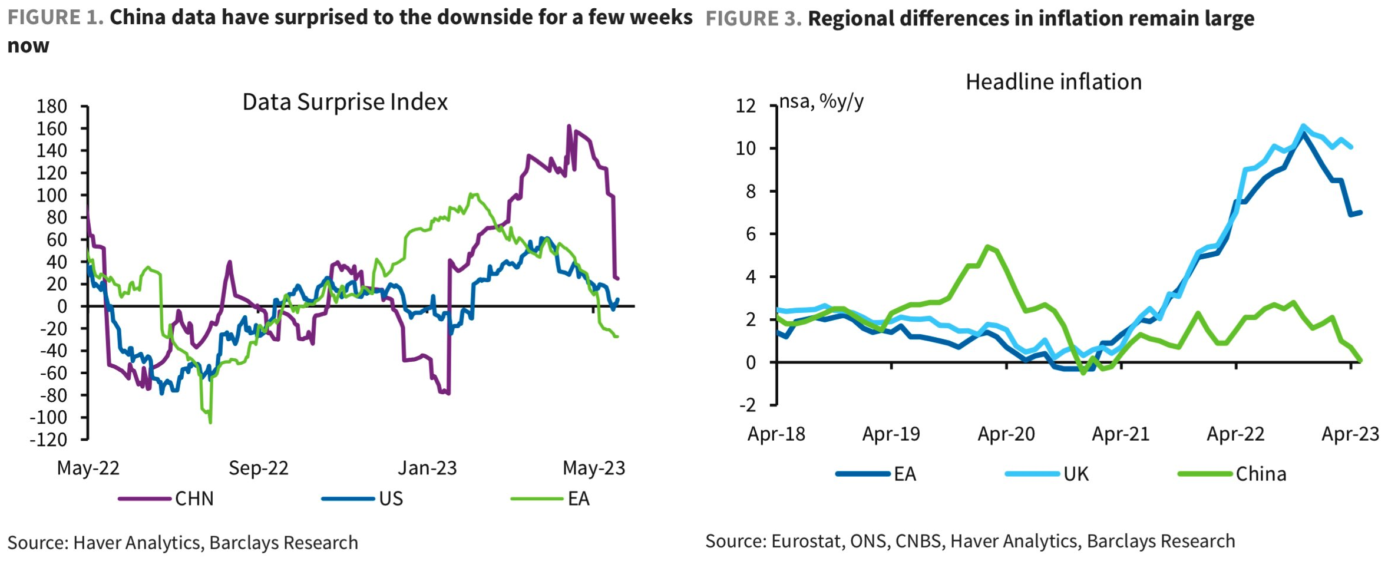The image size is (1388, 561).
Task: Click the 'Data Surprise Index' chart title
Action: point(345,103)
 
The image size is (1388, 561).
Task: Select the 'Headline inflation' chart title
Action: point(1053,82)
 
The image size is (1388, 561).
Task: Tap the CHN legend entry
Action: point(194,499)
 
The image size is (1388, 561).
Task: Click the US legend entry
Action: point(391,499)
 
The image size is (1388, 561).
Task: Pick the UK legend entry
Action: point(1076,474)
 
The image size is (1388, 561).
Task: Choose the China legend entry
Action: point(1260,474)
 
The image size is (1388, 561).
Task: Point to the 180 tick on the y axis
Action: point(52,107)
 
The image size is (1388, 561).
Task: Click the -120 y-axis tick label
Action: point(48,440)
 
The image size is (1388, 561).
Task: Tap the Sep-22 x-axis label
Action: point(259,468)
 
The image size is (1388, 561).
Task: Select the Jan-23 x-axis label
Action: point(427,468)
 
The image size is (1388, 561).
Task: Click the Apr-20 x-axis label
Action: point(1006,434)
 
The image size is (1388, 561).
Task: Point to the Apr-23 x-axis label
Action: point(1350,434)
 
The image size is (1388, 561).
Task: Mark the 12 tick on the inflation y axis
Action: point(745,106)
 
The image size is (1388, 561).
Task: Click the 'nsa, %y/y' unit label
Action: point(821,102)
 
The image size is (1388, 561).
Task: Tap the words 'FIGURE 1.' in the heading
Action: point(55,18)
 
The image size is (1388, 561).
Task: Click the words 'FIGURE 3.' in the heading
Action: point(754,19)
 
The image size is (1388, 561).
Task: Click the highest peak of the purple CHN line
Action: point(569,126)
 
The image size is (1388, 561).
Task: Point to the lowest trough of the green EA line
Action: point(210,422)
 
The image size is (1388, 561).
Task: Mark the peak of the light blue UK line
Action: point(1303,126)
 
